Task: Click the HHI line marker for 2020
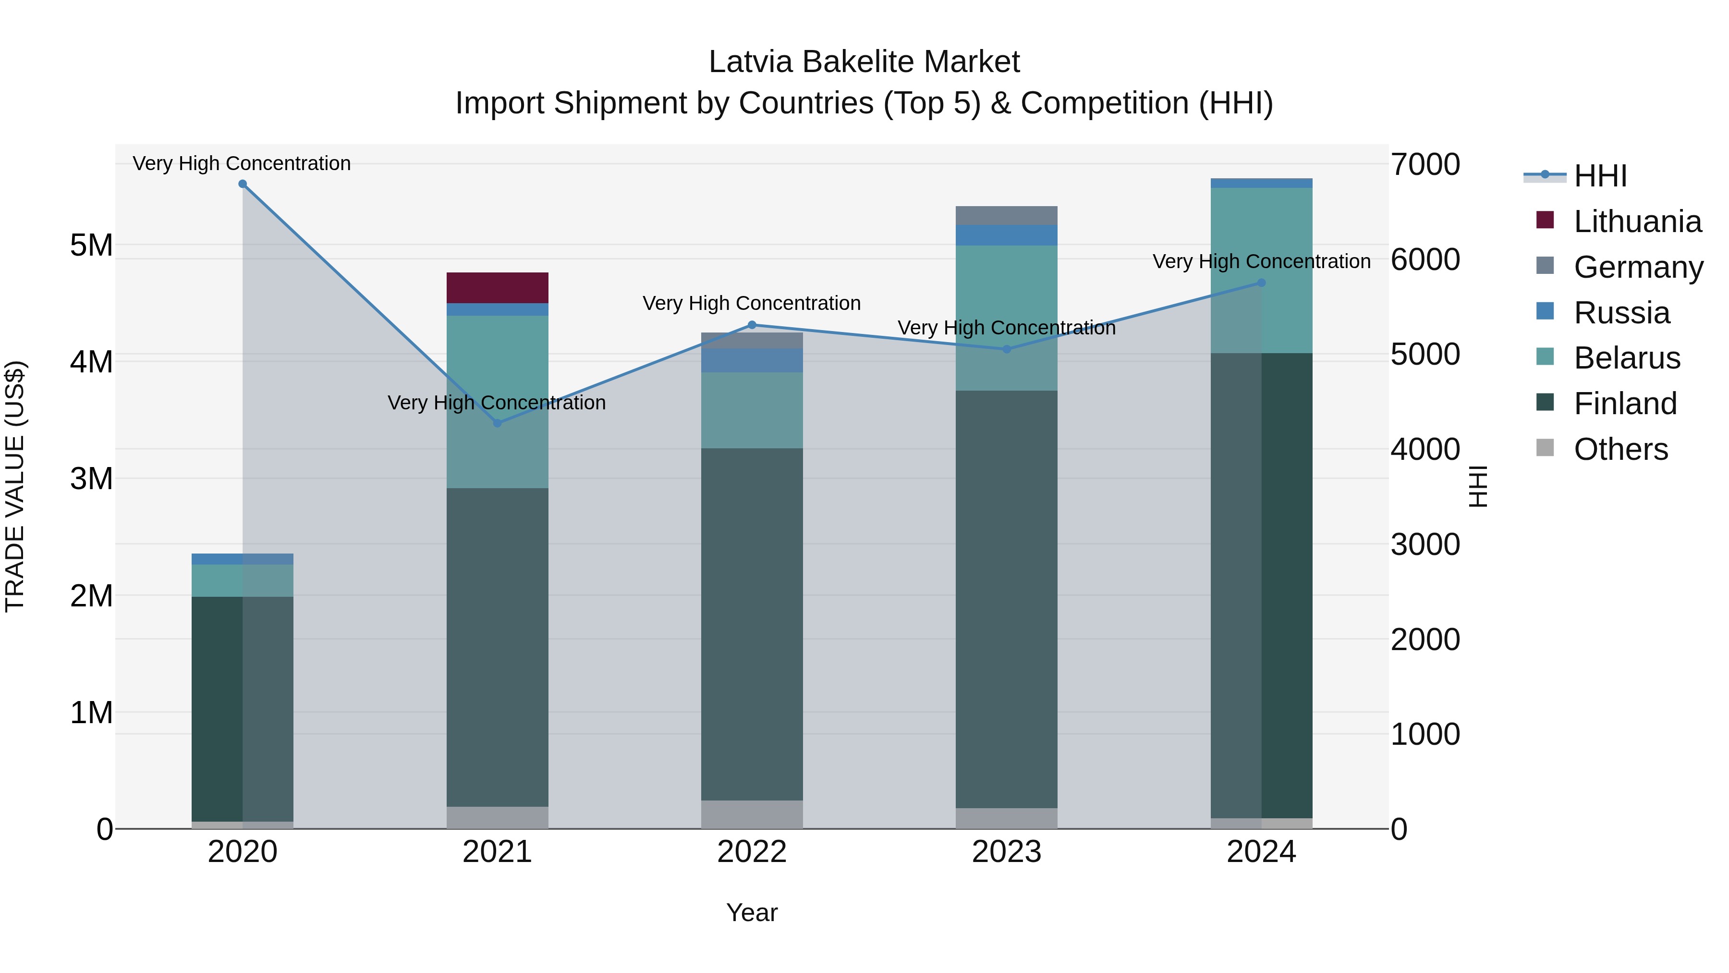pyautogui.click(x=243, y=184)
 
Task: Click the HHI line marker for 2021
pyautogui.click(x=498, y=423)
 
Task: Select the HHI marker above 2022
pyautogui.click(x=752, y=325)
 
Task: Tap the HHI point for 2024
pyautogui.click(x=1261, y=283)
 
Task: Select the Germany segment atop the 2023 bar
pyautogui.click(x=1006, y=216)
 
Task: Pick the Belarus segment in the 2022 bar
pyautogui.click(x=752, y=410)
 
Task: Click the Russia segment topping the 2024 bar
pyautogui.click(x=1261, y=184)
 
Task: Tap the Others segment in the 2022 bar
pyautogui.click(x=752, y=814)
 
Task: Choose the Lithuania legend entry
pyautogui.click(x=1637, y=222)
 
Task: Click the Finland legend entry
pyautogui.click(x=1625, y=404)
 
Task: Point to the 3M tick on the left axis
pyautogui.click(x=91, y=479)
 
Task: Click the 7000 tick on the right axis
pyautogui.click(x=1425, y=164)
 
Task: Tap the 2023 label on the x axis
pyautogui.click(x=1006, y=852)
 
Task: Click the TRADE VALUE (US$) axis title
pyautogui.click(x=15, y=486)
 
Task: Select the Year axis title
pyautogui.click(x=752, y=912)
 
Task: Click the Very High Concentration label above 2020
pyautogui.click(x=242, y=163)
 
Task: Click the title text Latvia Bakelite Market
pyautogui.click(x=864, y=62)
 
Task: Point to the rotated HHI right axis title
pyautogui.click(x=1478, y=486)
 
